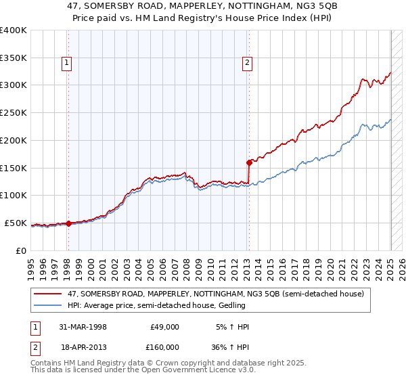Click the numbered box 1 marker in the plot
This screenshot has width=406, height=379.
pos(68,64)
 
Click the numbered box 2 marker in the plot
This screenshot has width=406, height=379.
pos(247,64)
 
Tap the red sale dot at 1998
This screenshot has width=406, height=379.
pos(68,223)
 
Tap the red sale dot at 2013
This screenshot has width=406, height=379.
pos(249,162)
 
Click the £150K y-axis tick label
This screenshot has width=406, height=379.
pos(14,168)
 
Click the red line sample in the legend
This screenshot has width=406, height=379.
pos(48,294)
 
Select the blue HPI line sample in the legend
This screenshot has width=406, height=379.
pos(48,305)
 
